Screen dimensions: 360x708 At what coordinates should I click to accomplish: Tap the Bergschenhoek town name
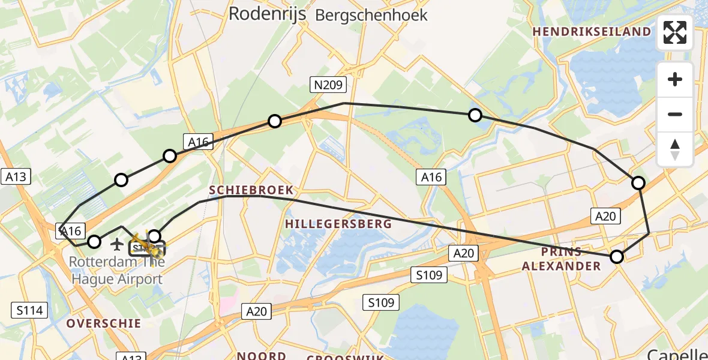[371, 15]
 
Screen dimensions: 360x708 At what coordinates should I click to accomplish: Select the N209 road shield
[328, 85]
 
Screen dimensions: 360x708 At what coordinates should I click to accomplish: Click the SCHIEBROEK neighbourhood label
[251, 190]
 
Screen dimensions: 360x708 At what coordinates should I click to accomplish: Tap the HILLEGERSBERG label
[338, 224]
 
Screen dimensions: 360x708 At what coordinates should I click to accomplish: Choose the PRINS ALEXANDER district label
[561, 258]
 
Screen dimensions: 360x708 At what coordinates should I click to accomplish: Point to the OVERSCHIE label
[104, 323]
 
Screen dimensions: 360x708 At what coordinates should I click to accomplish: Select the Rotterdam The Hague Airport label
[116, 271]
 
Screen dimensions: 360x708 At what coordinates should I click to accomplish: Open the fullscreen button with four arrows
[675, 32]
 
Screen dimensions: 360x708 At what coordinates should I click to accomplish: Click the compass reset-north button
[675, 149]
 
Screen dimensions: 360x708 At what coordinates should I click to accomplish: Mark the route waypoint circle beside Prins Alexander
[617, 257]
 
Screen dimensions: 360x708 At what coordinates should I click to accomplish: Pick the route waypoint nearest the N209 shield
[275, 121]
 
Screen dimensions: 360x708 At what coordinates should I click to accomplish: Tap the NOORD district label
[261, 355]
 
